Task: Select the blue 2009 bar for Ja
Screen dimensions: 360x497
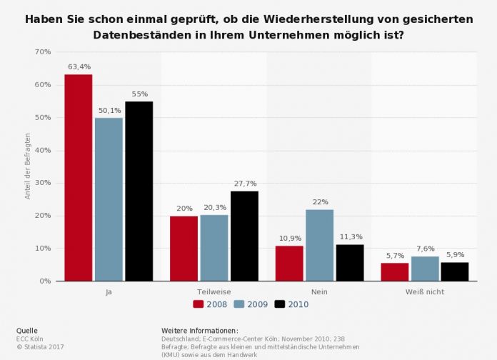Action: tap(109, 199)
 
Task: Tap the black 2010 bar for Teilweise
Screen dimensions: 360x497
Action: tap(244, 236)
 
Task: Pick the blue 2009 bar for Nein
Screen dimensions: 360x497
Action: tap(319, 245)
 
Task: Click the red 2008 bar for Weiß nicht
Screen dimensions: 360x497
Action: tap(395, 271)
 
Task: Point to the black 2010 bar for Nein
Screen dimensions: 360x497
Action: tap(349, 262)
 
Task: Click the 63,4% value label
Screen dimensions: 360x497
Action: tap(79, 67)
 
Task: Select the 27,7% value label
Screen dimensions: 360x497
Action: tap(244, 184)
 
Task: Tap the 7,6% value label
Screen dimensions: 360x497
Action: tap(425, 249)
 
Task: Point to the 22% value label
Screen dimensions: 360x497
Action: tap(319, 202)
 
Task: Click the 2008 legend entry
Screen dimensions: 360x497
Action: tap(211, 304)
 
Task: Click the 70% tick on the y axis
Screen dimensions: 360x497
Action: tap(42, 52)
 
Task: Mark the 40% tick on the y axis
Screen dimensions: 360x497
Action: tap(42, 151)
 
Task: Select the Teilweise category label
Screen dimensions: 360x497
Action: tap(214, 291)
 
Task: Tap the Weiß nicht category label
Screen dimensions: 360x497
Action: tap(425, 291)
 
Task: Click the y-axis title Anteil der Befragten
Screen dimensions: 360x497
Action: tap(28, 166)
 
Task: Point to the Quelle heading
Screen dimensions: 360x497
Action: tap(26, 331)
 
